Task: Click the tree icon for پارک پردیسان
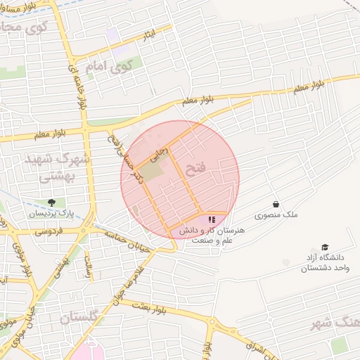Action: click(x=51, y=202)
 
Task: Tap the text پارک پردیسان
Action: click(x=51, y=212)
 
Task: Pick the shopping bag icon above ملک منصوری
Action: click(x=276, y=204)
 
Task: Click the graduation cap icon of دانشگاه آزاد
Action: click(x=325, y=247)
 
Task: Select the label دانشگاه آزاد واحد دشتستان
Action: click(x=325, y=263)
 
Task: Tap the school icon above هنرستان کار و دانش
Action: click(x=212, y=220)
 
